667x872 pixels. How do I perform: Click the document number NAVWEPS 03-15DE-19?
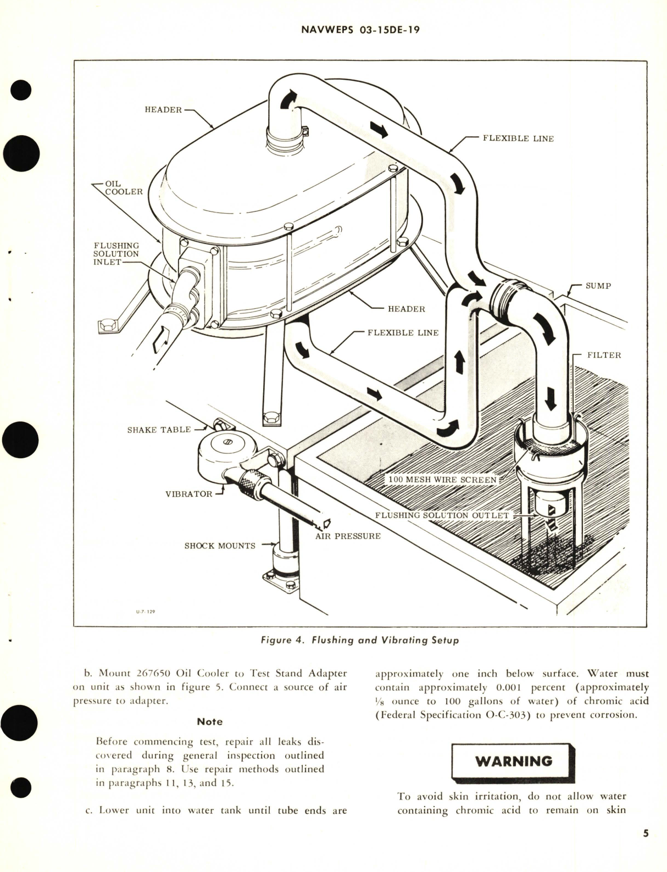tap(360, 31)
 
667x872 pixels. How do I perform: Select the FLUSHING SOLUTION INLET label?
tap(116, 254)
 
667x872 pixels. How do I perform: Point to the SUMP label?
tap(598, 286)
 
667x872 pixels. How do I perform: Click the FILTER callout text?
tap(604, 355)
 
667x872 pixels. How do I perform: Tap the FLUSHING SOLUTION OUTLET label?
tap(441, 515)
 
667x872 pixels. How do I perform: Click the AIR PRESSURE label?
tap(348, 536)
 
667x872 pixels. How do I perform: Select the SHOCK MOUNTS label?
tap(220, 546)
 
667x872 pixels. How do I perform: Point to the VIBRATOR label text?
tap(188, 493)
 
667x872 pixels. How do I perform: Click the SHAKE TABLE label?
tap(159, 430)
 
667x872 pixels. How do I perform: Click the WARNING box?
tap(513, 761)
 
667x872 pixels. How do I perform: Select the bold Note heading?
tap(210, 721)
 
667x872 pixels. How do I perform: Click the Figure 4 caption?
tap(360, 640)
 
